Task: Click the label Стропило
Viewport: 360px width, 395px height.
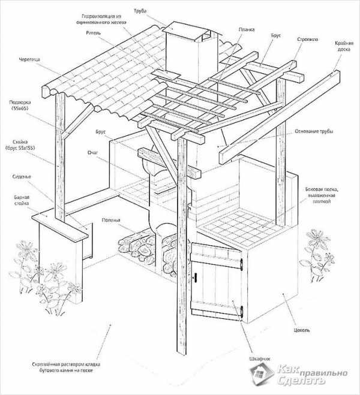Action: [307, 40]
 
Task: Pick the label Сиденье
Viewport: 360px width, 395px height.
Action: [22, 177]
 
